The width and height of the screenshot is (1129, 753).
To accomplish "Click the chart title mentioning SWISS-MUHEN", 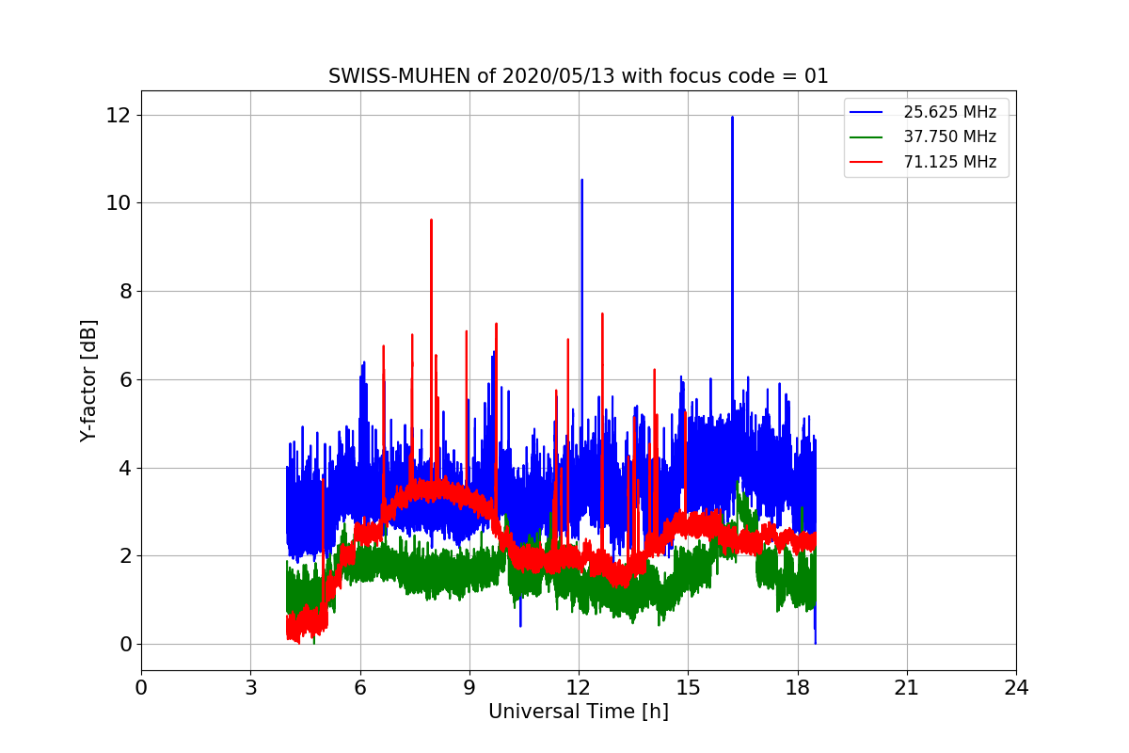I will (578, 76).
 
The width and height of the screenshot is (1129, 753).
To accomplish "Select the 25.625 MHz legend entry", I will (949, 113).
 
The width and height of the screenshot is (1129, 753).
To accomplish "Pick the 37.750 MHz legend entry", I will (949, 137).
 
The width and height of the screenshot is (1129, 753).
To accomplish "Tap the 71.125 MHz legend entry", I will (949, 162).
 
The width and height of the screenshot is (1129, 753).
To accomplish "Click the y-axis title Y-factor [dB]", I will (89, 380).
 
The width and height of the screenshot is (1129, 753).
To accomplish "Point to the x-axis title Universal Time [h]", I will (578, 713).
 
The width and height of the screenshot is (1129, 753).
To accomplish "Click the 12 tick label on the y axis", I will (118, 115).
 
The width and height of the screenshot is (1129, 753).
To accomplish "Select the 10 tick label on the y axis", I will (118, 203).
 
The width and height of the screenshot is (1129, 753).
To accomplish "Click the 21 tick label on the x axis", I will (906, 688).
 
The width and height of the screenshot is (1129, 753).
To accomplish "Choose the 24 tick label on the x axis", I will (1015, 688).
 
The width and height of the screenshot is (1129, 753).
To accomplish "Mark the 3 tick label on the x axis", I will (250, 688).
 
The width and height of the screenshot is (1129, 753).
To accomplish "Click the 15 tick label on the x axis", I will (688, 688).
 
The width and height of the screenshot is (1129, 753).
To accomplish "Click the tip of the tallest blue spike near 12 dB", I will (732, 118).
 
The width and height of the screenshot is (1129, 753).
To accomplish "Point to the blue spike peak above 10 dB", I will (581, 180).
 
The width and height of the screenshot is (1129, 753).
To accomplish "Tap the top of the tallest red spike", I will (431, 220).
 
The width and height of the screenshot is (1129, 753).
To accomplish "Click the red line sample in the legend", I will (866, 162).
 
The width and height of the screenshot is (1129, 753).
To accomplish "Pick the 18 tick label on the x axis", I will (797, 688).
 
